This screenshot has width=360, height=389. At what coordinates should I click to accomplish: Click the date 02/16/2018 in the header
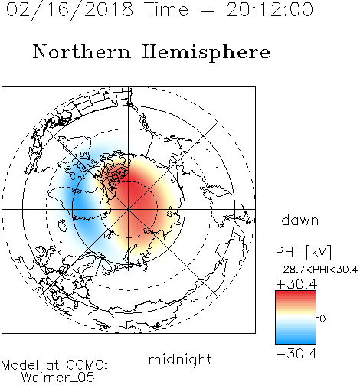(x=70, y=10)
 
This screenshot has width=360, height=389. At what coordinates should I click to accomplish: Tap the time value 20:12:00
(x=270, y=10)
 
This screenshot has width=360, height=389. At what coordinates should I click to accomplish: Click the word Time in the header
(x=166, y=10)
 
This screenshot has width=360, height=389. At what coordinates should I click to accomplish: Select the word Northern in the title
(x=82, y=51)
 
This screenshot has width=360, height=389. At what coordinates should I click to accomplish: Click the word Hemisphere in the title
(x=206, y=53)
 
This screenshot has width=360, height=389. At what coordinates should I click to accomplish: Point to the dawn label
(x=300, y=220)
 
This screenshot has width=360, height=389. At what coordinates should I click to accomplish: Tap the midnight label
(x=180, y=359)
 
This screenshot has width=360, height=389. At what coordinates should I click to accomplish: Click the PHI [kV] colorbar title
(x=303, y=252)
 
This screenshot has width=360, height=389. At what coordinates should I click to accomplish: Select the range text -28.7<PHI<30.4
(x=316, y=270)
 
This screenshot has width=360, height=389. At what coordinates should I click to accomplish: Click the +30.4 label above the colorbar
(x=296, y=284)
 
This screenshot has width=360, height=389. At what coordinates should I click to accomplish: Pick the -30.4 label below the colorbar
(x=296, y=354)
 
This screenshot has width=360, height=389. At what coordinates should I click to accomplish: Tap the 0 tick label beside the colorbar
(x=322, y=319)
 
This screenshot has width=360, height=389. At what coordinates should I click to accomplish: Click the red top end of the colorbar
(x=296, y=293)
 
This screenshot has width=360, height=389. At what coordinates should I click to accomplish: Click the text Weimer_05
(x=57, y=378)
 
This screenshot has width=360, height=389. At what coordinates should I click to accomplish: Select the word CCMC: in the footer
(x=87, y=365)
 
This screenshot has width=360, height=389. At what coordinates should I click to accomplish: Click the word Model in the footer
(x=20, y=365)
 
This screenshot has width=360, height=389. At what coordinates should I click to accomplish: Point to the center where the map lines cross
(x=129, y=209)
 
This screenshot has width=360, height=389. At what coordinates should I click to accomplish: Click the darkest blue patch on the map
(x=82, y=205)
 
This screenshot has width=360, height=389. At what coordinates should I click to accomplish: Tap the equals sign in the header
(x=208, y=10)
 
